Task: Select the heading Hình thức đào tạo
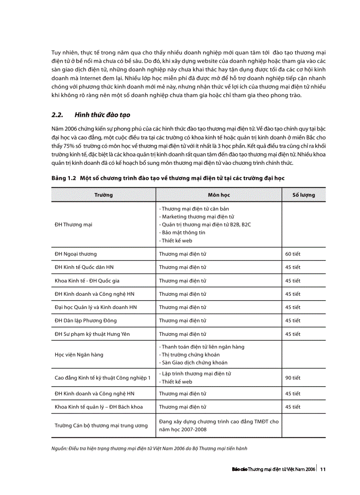[102, 115]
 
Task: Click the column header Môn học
[219, 195]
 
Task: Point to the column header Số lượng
[304, 195]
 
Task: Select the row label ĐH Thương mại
[73, 225]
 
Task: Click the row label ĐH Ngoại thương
[75, 254]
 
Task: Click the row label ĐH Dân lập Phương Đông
[86, 321]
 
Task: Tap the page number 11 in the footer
[323, 469]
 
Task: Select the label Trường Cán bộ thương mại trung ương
[101, 426]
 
